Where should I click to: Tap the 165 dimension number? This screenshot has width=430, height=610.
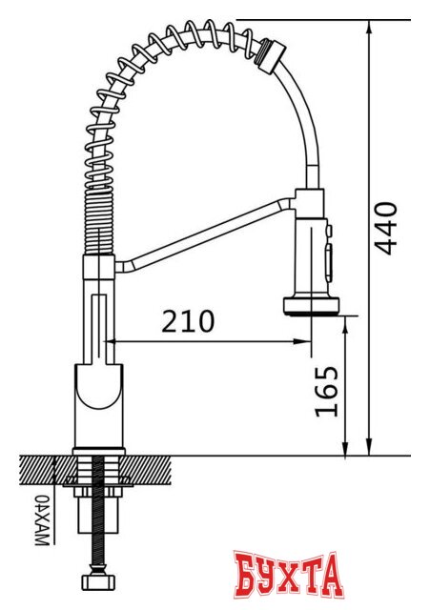tap(326, 391)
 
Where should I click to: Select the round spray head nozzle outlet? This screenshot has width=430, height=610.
tap(311, 306)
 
